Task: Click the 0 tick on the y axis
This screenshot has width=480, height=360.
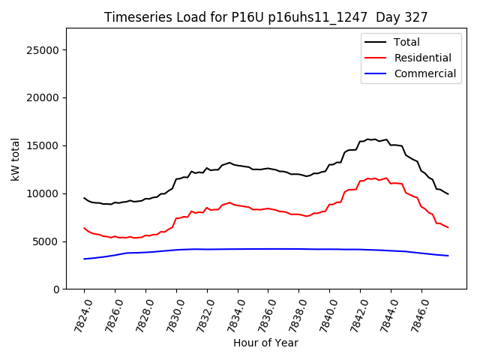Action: [x=57, y=289]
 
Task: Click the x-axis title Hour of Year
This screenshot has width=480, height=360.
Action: [x=265, y=343]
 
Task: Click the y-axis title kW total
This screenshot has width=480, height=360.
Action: [x=15, y=159]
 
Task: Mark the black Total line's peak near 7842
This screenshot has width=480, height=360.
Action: [x=368, y=139]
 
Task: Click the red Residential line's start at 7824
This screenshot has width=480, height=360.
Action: [x=84, y=228]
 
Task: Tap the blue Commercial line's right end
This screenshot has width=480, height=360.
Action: [x=448, y=256]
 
